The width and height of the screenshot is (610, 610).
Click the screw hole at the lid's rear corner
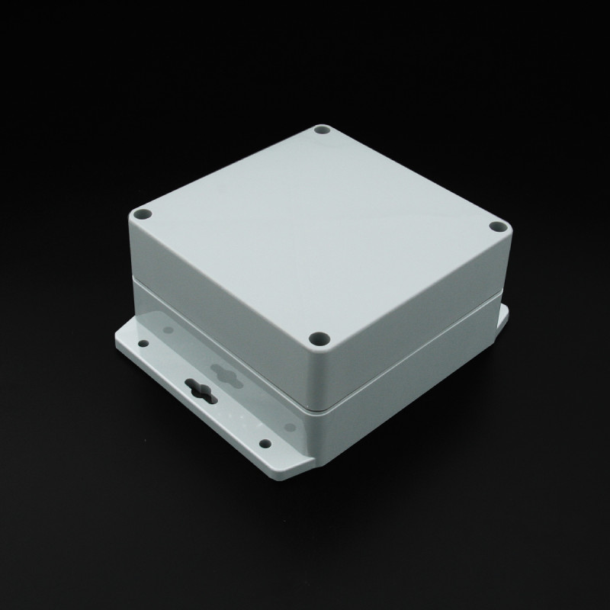[321, 131]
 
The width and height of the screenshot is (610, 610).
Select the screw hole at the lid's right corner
[498, 226]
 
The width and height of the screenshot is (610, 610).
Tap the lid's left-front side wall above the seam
[221, 305]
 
